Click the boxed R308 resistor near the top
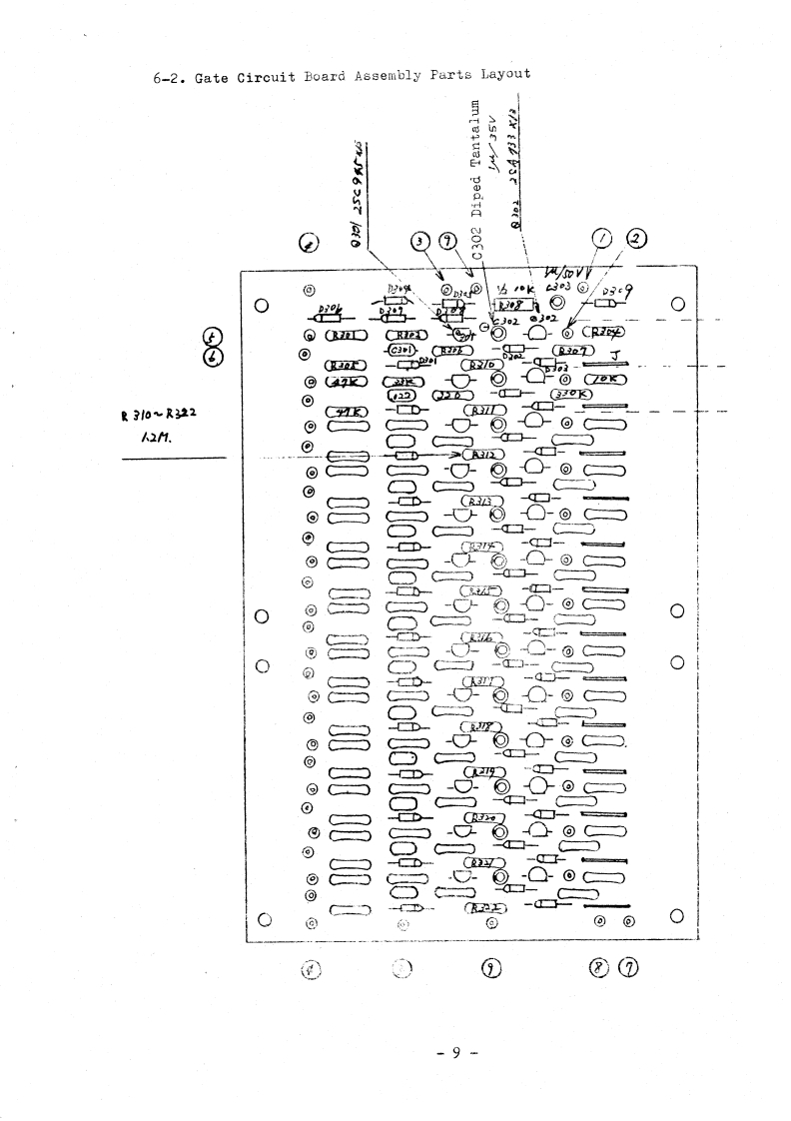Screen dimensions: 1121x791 507,302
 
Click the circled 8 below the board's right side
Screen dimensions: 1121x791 600,966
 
